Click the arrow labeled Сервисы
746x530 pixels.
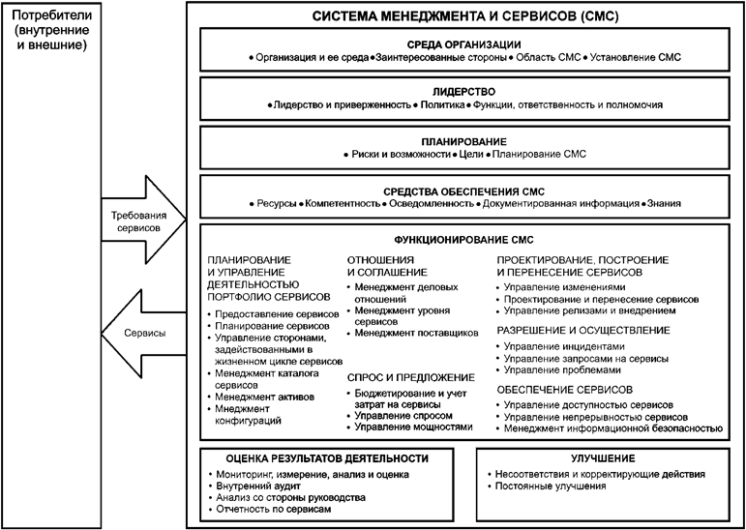point(135,333)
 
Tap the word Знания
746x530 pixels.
point(665,203)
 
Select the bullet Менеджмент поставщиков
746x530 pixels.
point(417,333)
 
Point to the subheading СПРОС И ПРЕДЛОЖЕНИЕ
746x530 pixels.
point(410,376)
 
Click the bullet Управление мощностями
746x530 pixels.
point(414,427)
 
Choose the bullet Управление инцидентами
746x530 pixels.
point(564,345)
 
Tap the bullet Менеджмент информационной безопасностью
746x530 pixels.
point(614,427)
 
